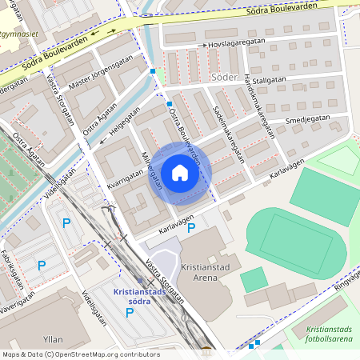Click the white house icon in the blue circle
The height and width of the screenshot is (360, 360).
180,173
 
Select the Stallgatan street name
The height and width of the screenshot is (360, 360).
269,80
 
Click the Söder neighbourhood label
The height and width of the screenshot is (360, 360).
226,78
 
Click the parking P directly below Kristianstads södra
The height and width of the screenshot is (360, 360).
130,313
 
